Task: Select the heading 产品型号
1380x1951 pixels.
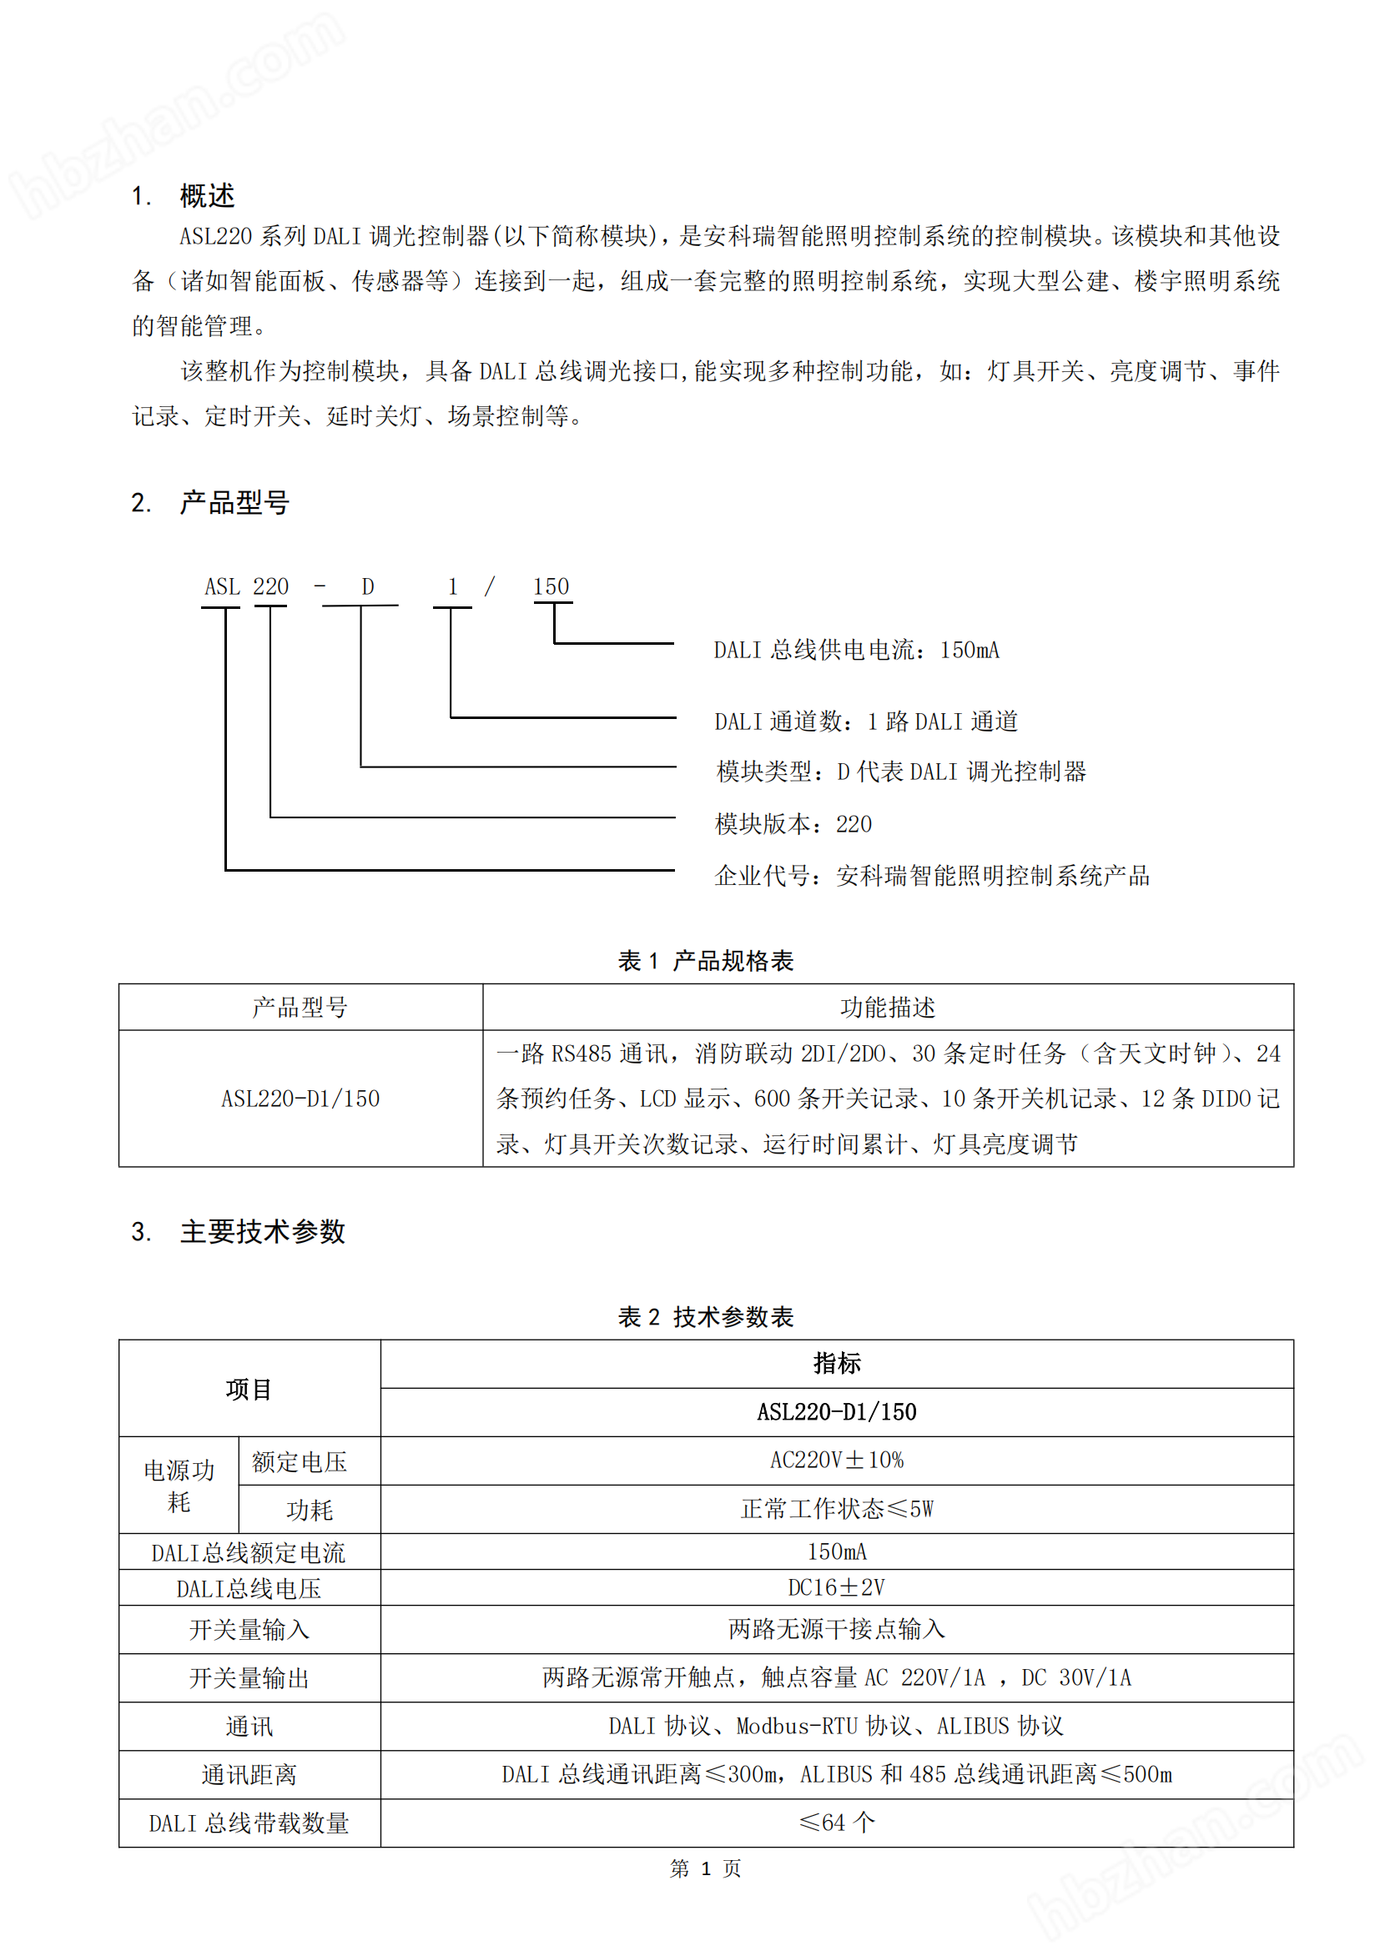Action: point(234,503)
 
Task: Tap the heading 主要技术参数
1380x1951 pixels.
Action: point(262,1231)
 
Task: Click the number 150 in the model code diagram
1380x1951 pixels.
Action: point(551,587)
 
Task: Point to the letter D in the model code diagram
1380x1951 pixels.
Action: point(367,587)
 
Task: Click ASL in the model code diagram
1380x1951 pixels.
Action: point(222,587)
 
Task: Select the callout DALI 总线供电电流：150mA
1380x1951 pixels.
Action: point(856,651)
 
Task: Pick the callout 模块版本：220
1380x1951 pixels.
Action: point(793,824)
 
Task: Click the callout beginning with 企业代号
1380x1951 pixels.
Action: point(931,876)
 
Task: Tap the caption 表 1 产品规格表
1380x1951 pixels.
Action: point(705,961)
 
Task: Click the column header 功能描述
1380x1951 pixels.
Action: point(887,1008)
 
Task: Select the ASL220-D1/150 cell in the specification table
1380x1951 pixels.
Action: point(300,1099)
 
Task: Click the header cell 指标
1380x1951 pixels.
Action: point(836,1364)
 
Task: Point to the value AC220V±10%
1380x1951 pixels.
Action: point(836,1461)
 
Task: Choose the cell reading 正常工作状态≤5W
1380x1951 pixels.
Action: point(836,1509)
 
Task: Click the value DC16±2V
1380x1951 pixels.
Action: point(836,1587)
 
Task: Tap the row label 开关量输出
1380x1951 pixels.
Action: point(249,1678)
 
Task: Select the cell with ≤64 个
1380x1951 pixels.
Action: point(836,1823)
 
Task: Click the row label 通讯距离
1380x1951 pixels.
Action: point(249,1775)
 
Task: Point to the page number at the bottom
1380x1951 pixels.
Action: point(705,1868)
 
